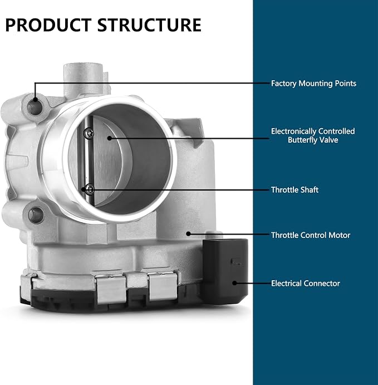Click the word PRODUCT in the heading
tap(48, 25)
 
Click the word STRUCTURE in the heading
tap(149, 25)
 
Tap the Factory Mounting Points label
tap(313, 84)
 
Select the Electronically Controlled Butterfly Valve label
tap(313, 135)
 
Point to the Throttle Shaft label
tap(294, 190)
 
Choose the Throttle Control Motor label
tap(311, 235)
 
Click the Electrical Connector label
tap(306, 284)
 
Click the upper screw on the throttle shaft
tap(89, 133)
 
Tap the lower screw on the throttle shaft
tap(90, 189)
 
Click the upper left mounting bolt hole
tap(35, 107)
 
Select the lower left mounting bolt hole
tap(36, 215)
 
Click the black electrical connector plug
tap(225, 271)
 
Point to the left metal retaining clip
tap(110, 289)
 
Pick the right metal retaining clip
tap(163, 286)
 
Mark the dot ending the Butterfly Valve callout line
tap(110, 138)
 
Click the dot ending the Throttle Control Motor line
tap(188, 234)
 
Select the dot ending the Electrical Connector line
tap(234, 283)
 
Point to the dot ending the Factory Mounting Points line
tap(35, 99)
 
